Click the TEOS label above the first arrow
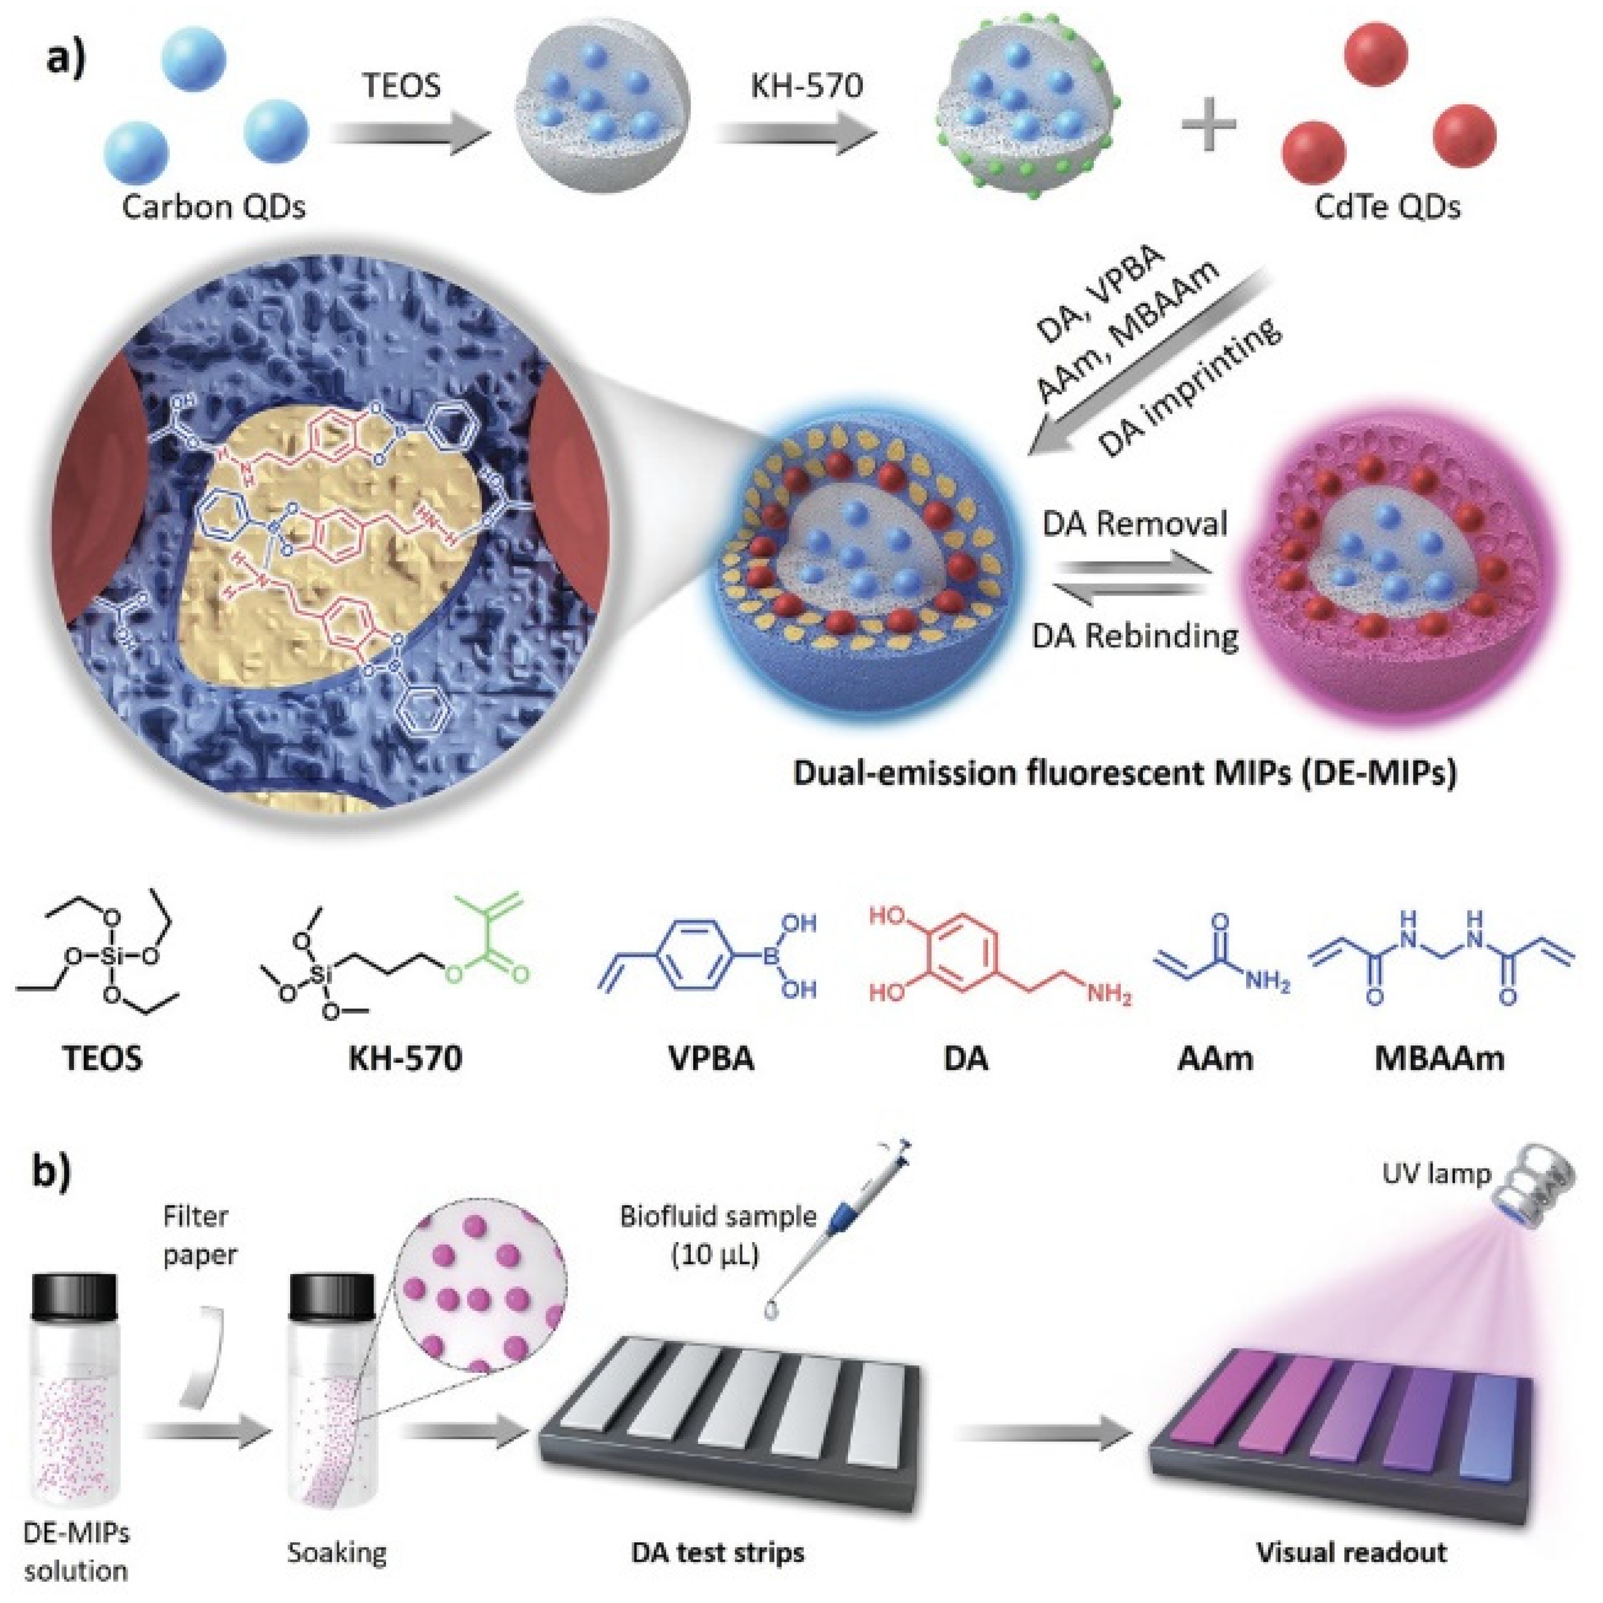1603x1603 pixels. coord(402,85)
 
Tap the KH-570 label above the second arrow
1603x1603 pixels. coord(807,85)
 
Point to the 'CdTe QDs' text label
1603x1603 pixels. coord(1387,207)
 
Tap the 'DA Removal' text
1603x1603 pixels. coord(1134,524)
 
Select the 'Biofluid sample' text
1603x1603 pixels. coord(718,1217)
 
